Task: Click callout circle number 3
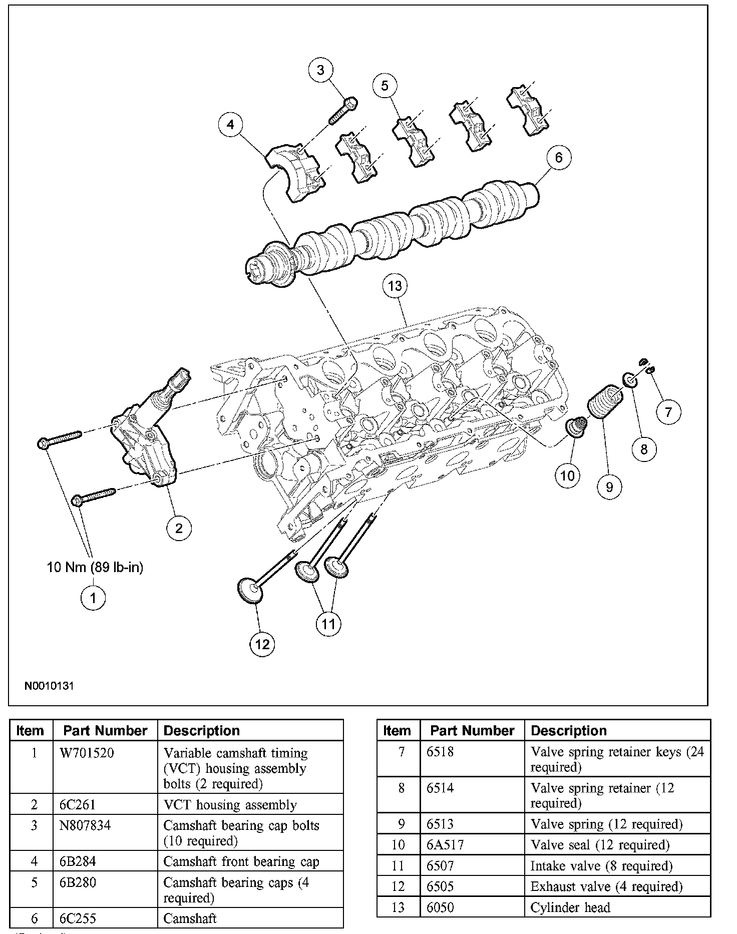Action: tap(320, 70)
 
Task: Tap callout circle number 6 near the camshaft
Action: tap(558, 157)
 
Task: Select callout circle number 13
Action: tap(395, 286)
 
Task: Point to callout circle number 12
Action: tap(262, 644)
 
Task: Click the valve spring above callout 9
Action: tap(604, 402)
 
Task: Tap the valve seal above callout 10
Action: tap(574, 427)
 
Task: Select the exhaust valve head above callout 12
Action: tap(250, 589)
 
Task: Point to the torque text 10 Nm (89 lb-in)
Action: tap(95, 567)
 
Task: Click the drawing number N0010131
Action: tap(49, 686)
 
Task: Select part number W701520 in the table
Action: tap(84, 753)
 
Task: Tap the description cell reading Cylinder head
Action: tap(570, 907)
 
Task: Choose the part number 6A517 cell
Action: tap(445, 845)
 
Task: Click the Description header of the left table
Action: tap(202, 731)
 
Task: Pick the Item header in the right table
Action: tap(397, 731)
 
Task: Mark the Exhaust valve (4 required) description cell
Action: tap(606, 886)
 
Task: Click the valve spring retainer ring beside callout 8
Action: tap(631, 380)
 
